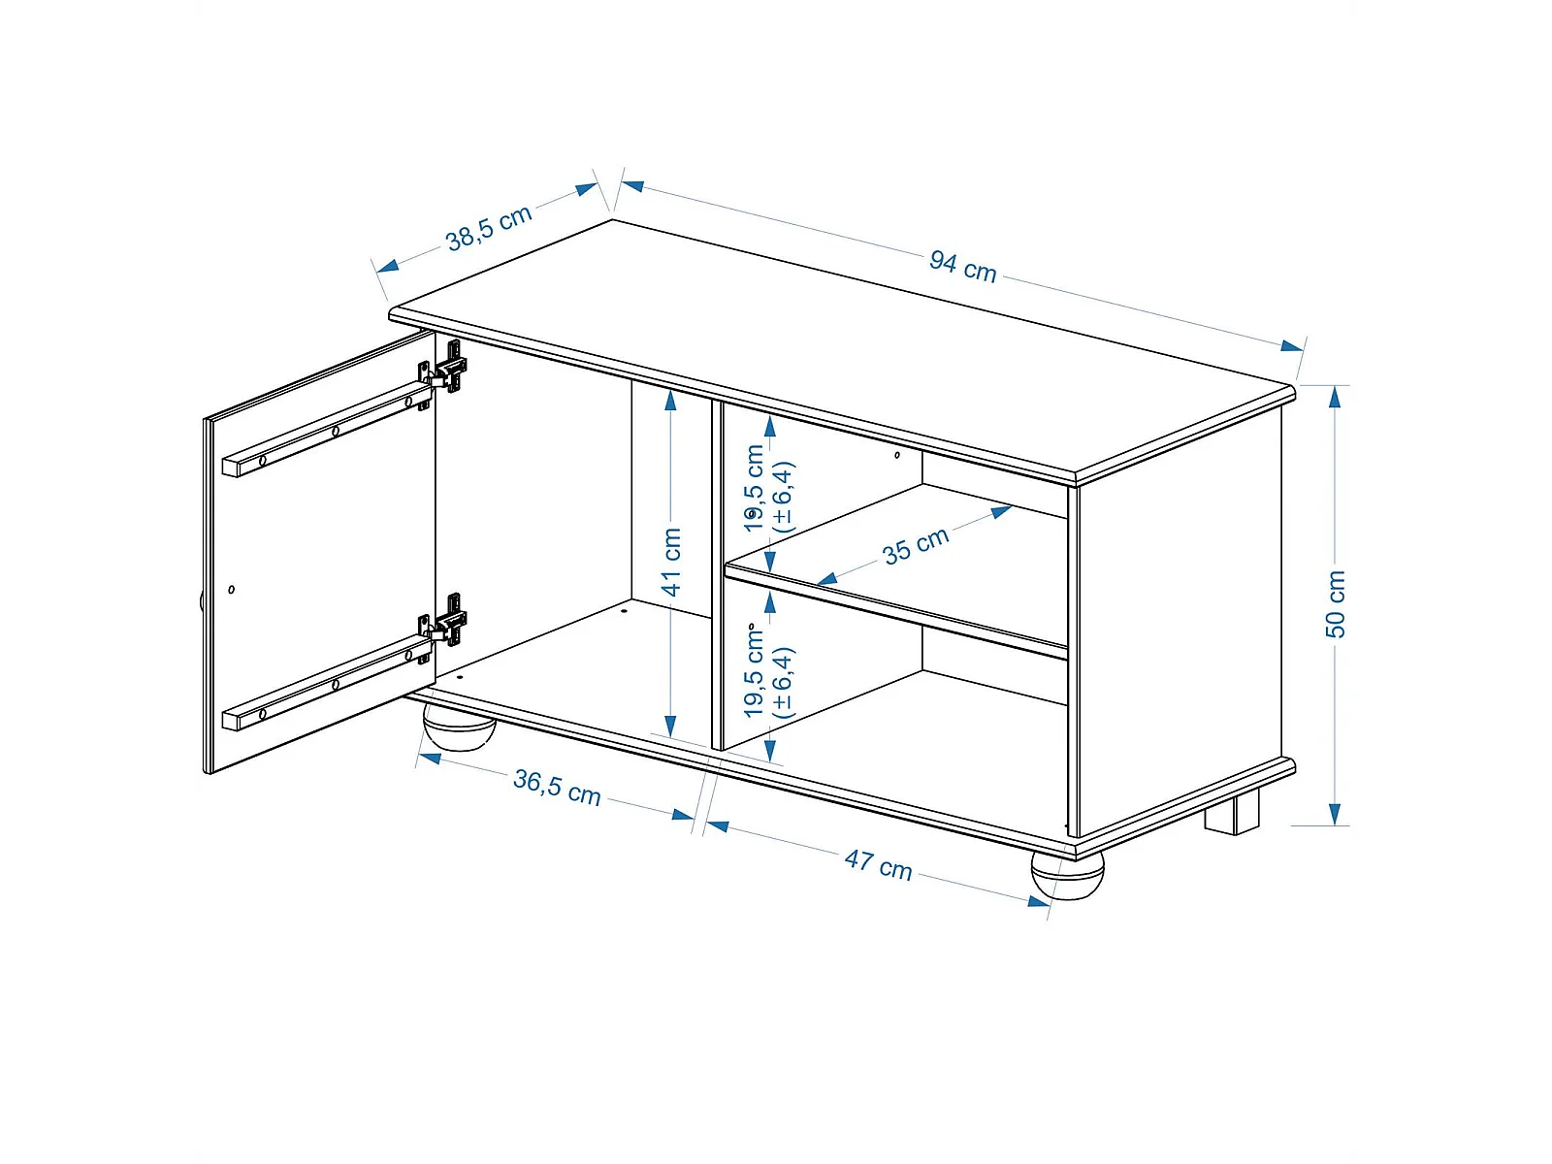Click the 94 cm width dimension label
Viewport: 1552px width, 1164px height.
tap(962, 267)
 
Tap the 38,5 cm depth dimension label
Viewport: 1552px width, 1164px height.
tap(489, 228)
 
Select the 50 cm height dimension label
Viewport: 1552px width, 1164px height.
tap(1335, 603)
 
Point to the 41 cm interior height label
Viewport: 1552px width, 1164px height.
tap(671, 562)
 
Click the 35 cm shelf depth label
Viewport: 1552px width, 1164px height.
tap(916, 546)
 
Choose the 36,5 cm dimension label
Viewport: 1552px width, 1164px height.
tap(557, 788)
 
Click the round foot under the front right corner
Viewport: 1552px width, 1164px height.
tap(1067, 875)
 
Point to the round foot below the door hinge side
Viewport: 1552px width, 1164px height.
tap(459, 726)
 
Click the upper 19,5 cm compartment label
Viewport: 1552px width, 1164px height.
tap(768, 488)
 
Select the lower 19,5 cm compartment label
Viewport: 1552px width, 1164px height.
tap(768, 671)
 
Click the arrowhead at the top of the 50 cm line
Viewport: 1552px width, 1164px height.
tap(1335, 397)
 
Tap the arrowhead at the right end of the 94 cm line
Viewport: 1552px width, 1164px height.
tap(1292, 345)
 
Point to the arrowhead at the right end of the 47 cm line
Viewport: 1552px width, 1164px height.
tap(1038, 901)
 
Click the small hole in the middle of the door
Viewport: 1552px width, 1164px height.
tap(232, 589)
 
